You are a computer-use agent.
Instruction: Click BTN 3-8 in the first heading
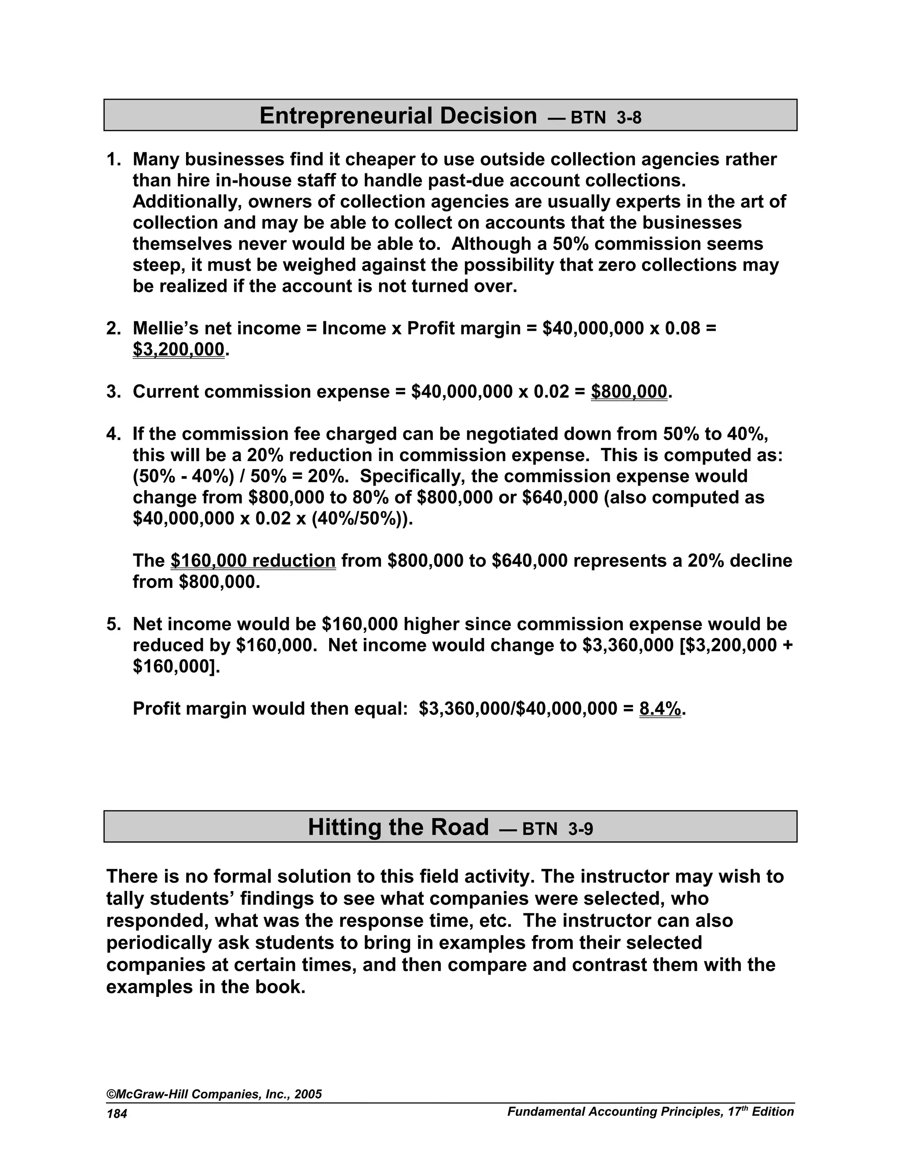click(x=606, y=117)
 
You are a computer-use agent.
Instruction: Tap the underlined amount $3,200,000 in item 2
click(x=178, y=349)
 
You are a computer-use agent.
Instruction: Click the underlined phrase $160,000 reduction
click(x=253, y=561)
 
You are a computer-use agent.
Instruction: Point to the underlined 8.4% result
click(x=660, y=708)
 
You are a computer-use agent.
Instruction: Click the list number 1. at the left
click(x=113, y=159)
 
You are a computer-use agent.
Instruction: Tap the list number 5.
click(x=113, y=624)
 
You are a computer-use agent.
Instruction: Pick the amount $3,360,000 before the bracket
click(x=628, y=645)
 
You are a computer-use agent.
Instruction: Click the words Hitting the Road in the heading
click(x=398, y=827)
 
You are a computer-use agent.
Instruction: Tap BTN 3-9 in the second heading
click(x=557, y=829)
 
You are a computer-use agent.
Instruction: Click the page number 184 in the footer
click(x=117, y=1114)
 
